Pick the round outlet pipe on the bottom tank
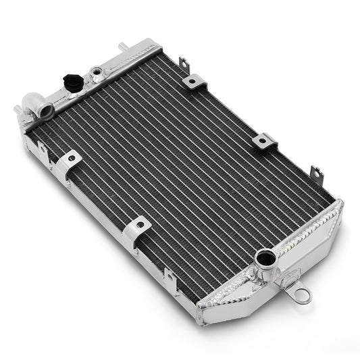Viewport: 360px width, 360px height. (264, 257)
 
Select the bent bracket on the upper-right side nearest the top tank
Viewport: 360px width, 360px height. (194, 83)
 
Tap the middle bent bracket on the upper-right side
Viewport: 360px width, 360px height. (264, 141)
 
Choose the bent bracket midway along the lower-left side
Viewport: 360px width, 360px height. (136, 227)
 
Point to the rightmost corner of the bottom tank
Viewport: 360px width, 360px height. (340, 203)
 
